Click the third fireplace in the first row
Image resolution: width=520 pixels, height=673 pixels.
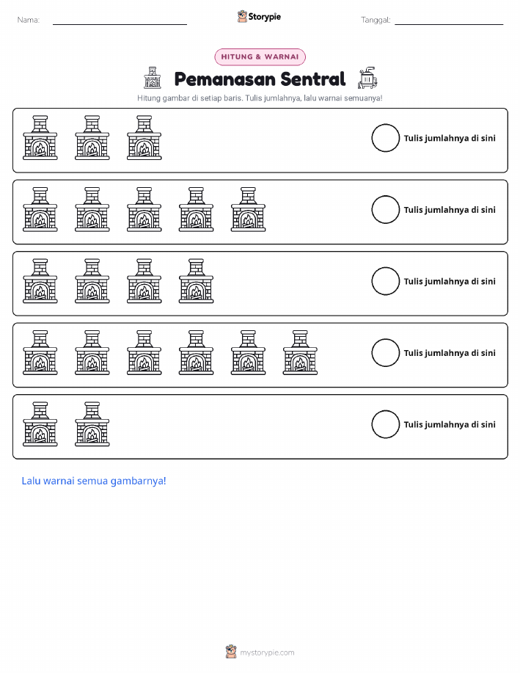click(144, 138)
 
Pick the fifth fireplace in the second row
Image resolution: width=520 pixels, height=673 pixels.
click(248, 209)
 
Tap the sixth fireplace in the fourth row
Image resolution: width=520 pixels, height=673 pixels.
click(300, 353)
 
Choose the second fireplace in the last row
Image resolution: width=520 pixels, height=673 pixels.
click(92, 424)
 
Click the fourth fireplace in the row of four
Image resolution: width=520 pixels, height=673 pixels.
click(196, 281)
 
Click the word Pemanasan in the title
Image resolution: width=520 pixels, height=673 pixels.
click(224, 79)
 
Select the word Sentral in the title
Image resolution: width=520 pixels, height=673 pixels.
click(312, 79)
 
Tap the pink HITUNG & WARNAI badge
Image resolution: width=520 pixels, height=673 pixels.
click(260, 57)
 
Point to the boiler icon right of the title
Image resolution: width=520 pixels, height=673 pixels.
click(367, 78)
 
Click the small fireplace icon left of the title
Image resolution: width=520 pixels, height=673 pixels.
click(153, 78)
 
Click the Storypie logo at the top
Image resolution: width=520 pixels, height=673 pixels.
click(259, 17)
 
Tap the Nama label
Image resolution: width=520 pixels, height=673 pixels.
click(29, 20)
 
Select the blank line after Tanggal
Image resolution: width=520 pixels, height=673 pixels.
click(449, 24)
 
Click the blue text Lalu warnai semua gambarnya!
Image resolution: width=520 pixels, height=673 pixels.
click(94, 481)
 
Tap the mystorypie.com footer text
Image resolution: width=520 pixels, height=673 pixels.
click(267, 652)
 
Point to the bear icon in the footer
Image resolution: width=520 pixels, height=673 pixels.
click(231, 652)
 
